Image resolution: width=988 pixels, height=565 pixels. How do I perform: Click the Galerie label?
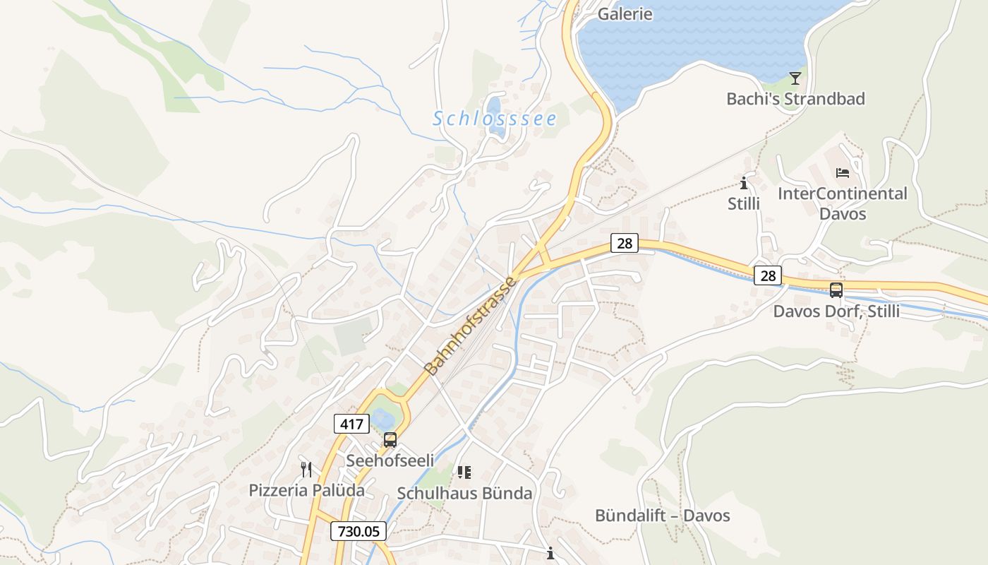tap(625, 13)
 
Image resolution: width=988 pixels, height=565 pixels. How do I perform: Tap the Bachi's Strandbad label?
tap(795, 99)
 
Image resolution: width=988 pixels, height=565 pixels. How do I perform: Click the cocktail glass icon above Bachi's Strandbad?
tap(795, 78)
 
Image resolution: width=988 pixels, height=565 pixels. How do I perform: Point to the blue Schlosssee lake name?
tap(495, 119)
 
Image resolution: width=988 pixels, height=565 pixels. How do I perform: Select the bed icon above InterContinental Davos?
tap(842, 172)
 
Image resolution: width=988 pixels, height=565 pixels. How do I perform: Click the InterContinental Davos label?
tap(842, 203)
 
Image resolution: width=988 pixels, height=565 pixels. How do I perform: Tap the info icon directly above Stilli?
tap(744, 184)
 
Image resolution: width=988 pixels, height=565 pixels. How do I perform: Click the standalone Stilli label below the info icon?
tap(744, 204)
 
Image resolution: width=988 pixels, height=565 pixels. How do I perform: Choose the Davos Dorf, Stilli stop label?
tap(836, 311)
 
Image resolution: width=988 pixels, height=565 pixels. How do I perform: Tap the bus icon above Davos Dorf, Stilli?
tap(836, 290)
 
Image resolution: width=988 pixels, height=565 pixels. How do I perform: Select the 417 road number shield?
tap(351, 424)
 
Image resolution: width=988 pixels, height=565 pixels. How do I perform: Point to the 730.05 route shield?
tap(359, 531)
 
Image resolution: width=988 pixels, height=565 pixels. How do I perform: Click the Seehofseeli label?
tap(390, 460)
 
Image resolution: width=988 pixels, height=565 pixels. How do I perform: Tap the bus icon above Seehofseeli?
tap(390, 440)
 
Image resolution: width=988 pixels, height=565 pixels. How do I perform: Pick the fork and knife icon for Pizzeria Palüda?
tap(306, 469)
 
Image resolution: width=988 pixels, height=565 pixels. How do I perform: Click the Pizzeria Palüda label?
tap(306, 490)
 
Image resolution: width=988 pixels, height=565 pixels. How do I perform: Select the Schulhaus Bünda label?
tap(464, 493)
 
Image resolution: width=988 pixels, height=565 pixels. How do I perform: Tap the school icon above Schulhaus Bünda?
tap(464, 472)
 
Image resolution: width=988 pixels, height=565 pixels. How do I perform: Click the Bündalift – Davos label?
tap(662, 516)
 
